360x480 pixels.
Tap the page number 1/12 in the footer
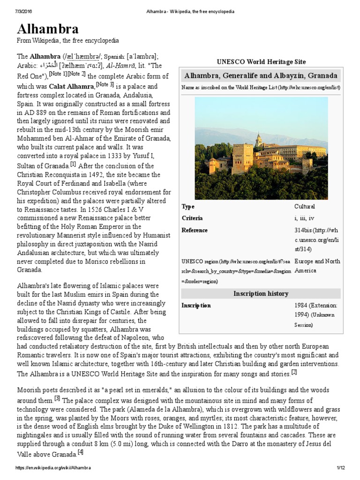(340, 468)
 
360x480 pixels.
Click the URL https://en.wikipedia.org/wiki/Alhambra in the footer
(53, 468)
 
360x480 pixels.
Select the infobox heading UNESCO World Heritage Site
(261, 62)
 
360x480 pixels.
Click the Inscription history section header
(261, 293)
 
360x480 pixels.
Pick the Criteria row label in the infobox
(192, 218)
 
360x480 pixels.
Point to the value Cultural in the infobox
(305, 206)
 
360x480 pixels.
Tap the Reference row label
(195, 230)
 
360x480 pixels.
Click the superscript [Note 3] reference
(105, 84)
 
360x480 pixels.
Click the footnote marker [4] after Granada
(81, 452)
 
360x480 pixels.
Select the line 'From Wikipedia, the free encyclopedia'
(68, 41)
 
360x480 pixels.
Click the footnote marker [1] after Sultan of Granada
(73, 164)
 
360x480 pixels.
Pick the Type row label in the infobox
(188, 206)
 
